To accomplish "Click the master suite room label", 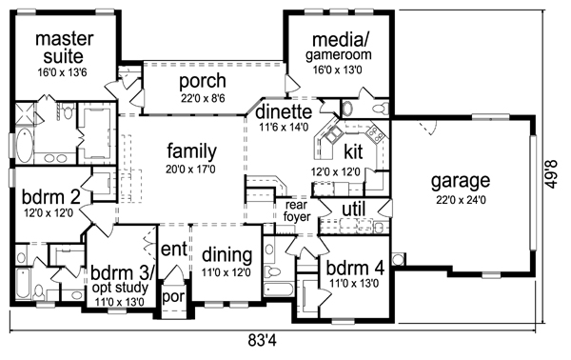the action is [x=64, y=48].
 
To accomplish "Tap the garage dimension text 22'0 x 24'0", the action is [x=461, y=200].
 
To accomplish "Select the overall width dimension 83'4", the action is [x=263, y=341].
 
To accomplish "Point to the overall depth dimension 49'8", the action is [x=552, y=174].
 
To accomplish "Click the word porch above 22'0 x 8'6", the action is [x=203, y=82].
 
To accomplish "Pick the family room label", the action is [x=191, y=151].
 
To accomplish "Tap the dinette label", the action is [x=284, y=111].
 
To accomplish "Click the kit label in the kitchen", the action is [x=353, y=151].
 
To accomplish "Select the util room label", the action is [x=354, y=210].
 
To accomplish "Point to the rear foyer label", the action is [x=297, y=211].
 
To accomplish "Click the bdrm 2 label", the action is [x=50, y=197].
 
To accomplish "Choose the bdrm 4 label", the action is [x=355, y=269].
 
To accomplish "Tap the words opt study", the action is [x=120, y=288].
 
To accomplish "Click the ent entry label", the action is [x=174, y=250].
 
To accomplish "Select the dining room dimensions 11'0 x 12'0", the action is [x=226, y=272].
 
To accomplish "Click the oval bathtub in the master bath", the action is [x=24, y=146].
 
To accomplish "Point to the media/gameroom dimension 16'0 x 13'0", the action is [x=338, y=70].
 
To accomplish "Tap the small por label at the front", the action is [x=174, y=296].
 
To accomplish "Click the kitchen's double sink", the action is [x=333, y=135].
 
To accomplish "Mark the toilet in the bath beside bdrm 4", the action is [x=271, y=271].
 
